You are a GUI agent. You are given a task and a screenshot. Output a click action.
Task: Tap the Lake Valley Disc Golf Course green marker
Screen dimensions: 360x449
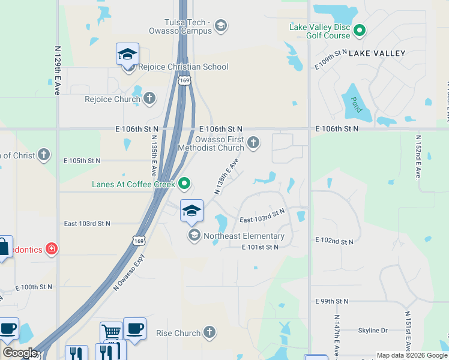(x=360, y=30)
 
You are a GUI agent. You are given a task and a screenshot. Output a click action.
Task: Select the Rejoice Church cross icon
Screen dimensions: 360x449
(x=149, y=98)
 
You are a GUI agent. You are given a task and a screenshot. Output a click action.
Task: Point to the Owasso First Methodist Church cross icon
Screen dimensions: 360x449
(x=253, y=142)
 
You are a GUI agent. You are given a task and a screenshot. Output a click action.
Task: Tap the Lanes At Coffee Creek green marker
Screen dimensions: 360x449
(x=185, y=184)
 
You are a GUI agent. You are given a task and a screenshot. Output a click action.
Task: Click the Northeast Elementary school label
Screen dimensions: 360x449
(x=244, y=236)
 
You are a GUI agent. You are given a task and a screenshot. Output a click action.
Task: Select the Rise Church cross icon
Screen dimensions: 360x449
(x=209, y=332)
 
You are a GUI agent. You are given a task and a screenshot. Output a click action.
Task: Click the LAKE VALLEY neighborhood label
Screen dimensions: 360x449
(x=377, y=53)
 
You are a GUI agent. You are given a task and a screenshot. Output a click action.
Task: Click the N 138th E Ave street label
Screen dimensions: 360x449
(x=226, y=176)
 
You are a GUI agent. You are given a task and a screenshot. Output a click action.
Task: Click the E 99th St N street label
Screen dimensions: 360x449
(x=331, y=301)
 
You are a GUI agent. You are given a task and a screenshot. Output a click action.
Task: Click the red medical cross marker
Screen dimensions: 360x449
(x=52, y=248)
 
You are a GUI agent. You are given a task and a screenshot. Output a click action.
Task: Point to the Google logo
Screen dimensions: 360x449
(x=20, y=353)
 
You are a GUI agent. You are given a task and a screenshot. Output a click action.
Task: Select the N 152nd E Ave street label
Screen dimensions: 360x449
(x=418, y=157)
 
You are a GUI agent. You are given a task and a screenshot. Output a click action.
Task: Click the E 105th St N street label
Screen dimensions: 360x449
(x=82, y=161)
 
